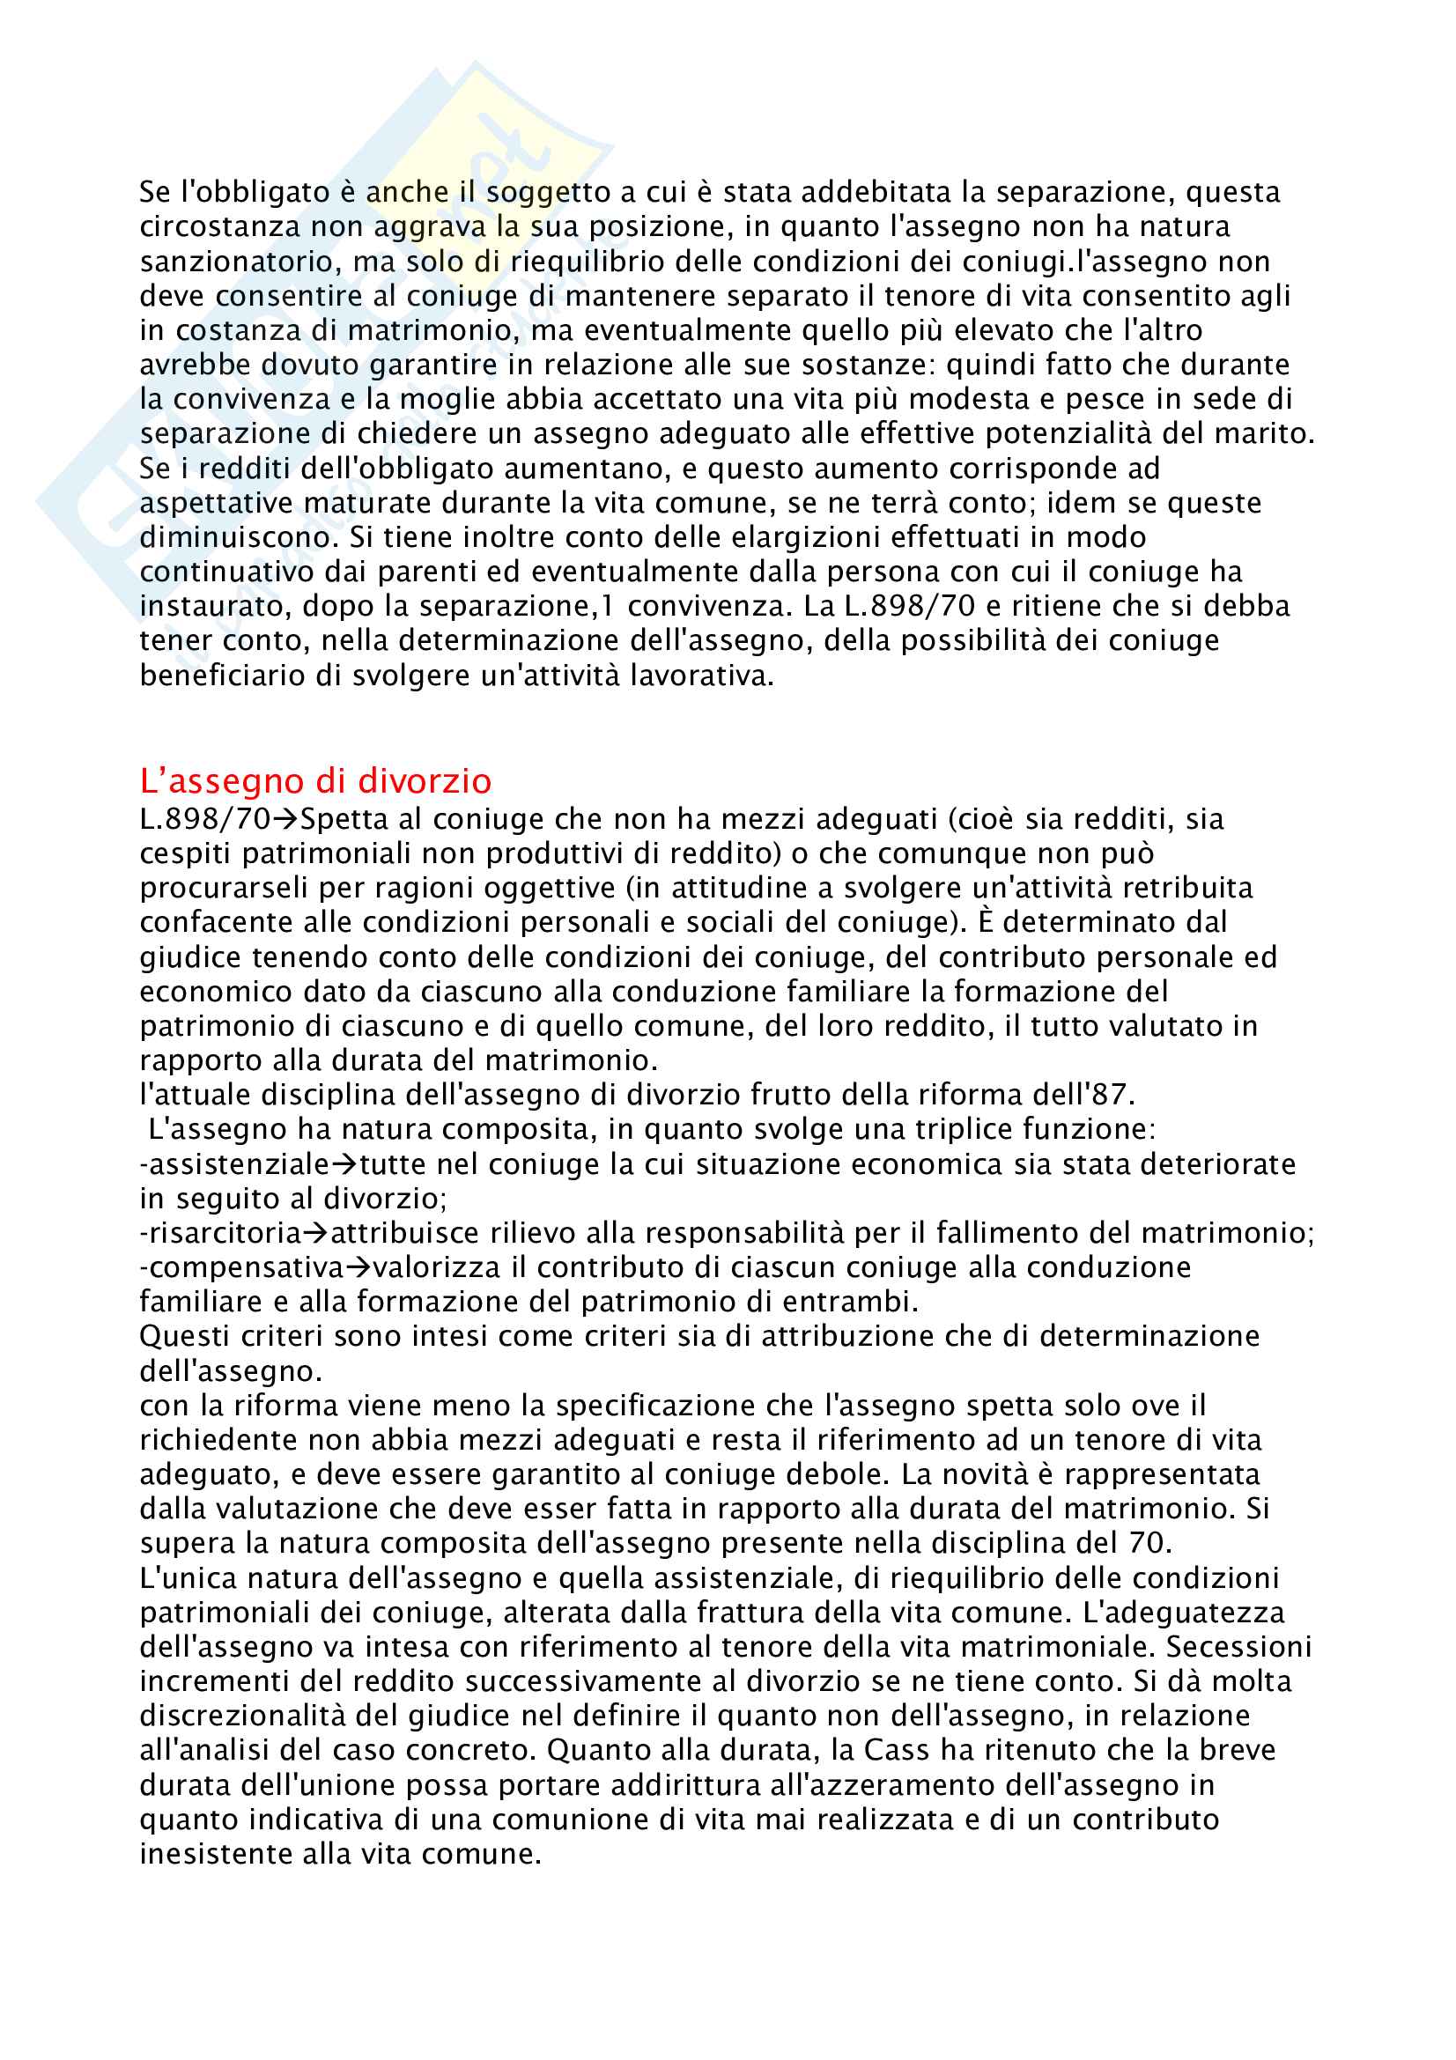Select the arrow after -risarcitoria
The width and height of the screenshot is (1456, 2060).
pos(316,1234)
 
